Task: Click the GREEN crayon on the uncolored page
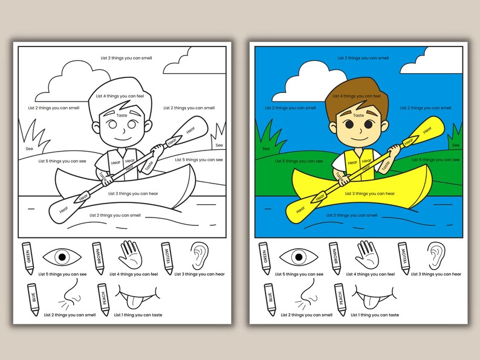coord(27,258)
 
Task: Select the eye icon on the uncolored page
coord(62,257)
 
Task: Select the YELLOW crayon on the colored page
coord(403,258)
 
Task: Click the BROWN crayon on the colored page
coord(334,258)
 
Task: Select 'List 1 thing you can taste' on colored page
coord(375,315)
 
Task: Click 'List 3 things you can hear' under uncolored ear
coord(199,274)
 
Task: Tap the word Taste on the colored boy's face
coord(358,115)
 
